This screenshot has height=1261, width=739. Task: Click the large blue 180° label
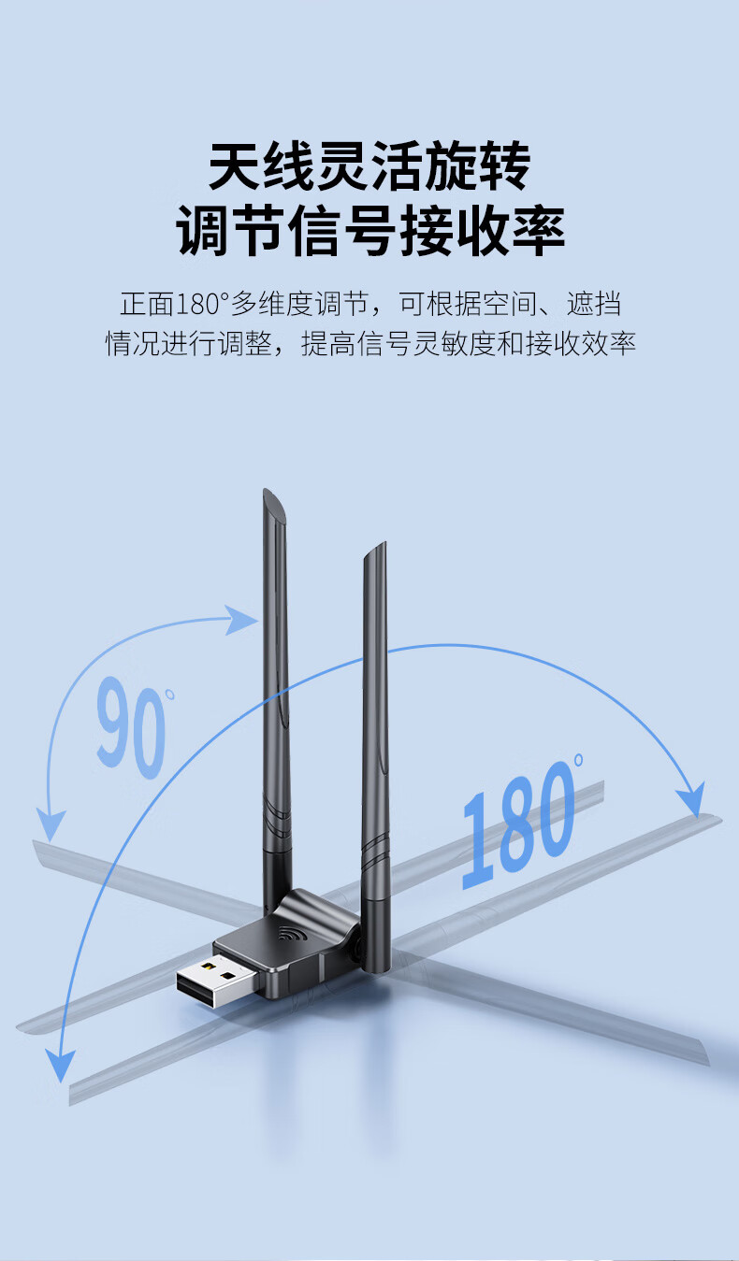(518, 823)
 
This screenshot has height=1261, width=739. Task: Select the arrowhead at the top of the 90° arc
(244, 620)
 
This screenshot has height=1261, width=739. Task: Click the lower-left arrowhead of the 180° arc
(61, 1064)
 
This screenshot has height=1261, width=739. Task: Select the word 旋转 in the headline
(478, 167)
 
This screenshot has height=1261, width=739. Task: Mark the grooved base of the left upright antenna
(276, 818)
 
